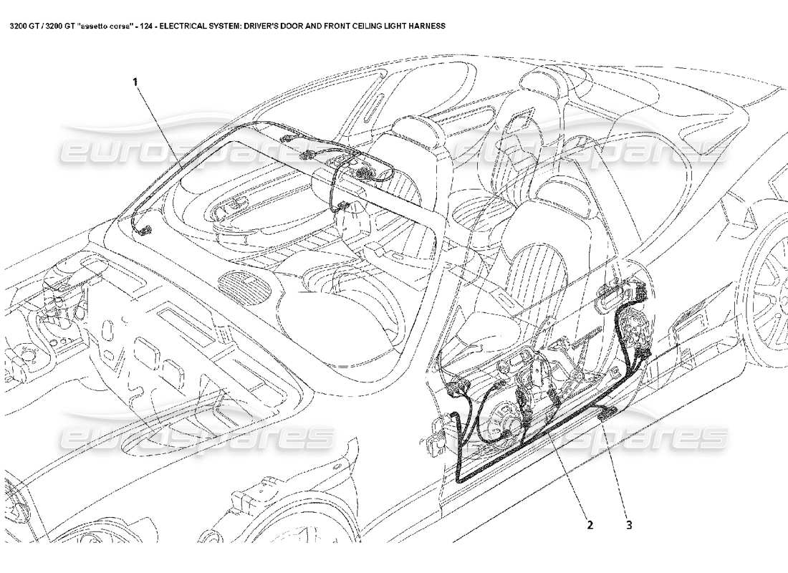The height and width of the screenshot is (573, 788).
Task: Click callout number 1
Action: point(135,82)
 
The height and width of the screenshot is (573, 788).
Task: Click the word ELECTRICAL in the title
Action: point(191,26)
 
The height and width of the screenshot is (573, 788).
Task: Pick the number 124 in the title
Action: point(145,26)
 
